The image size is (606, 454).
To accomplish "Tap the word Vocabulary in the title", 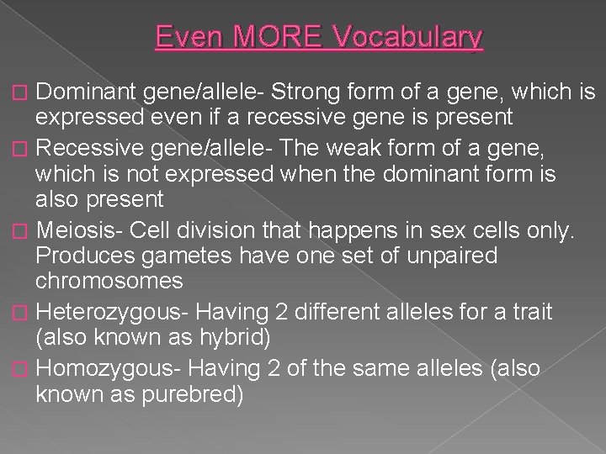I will (x=409, y=38).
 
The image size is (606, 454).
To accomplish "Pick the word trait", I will (x=527, y=312).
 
